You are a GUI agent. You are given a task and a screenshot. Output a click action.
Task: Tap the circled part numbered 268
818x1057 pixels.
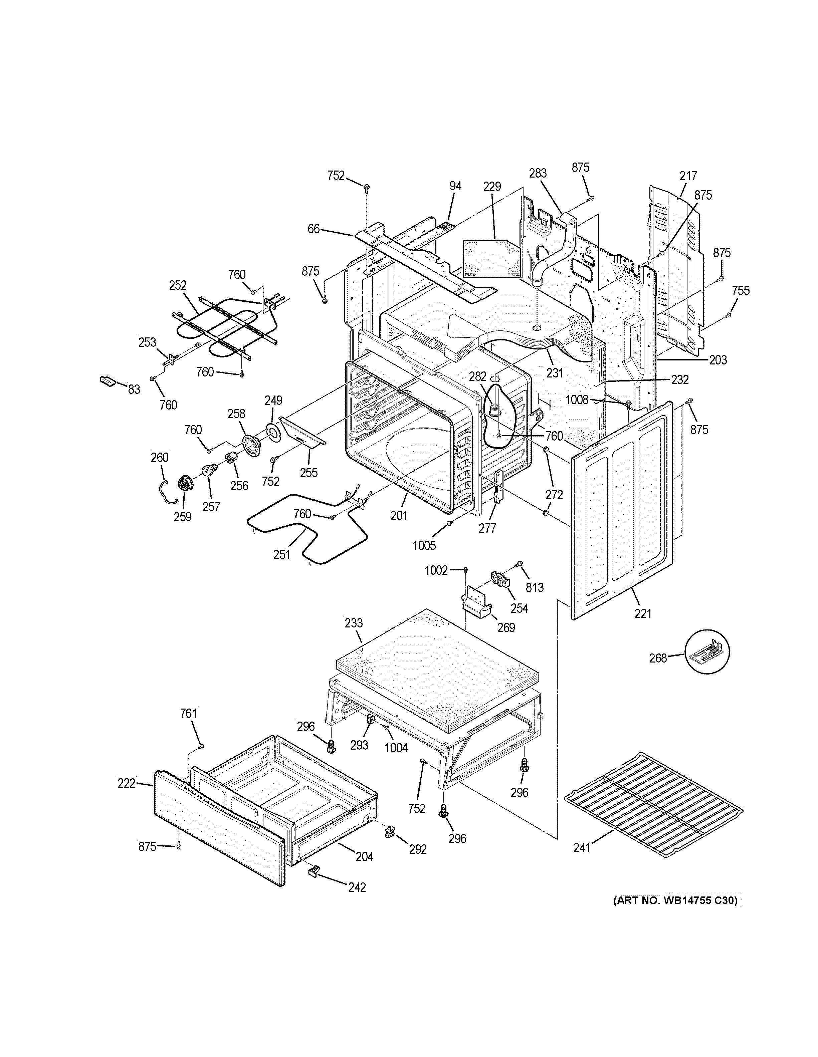pos(707,652)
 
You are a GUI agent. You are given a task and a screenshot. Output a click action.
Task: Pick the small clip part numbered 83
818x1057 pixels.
pos(108,381)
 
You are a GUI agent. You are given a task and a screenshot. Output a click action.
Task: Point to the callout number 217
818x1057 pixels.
pos(688,176)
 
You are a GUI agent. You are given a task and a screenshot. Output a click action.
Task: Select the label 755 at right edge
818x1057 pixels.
pos(741,290)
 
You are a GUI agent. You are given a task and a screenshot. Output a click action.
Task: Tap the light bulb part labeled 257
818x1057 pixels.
pos(209,470)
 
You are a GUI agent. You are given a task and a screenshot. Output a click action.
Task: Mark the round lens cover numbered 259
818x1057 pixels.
pos(185,483)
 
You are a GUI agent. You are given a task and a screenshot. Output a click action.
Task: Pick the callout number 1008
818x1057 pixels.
pos(577,400)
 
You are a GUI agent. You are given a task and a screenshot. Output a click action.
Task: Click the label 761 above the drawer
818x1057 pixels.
pos(188,713)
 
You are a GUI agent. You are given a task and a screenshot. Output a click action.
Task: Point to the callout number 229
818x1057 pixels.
pos(492,186)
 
